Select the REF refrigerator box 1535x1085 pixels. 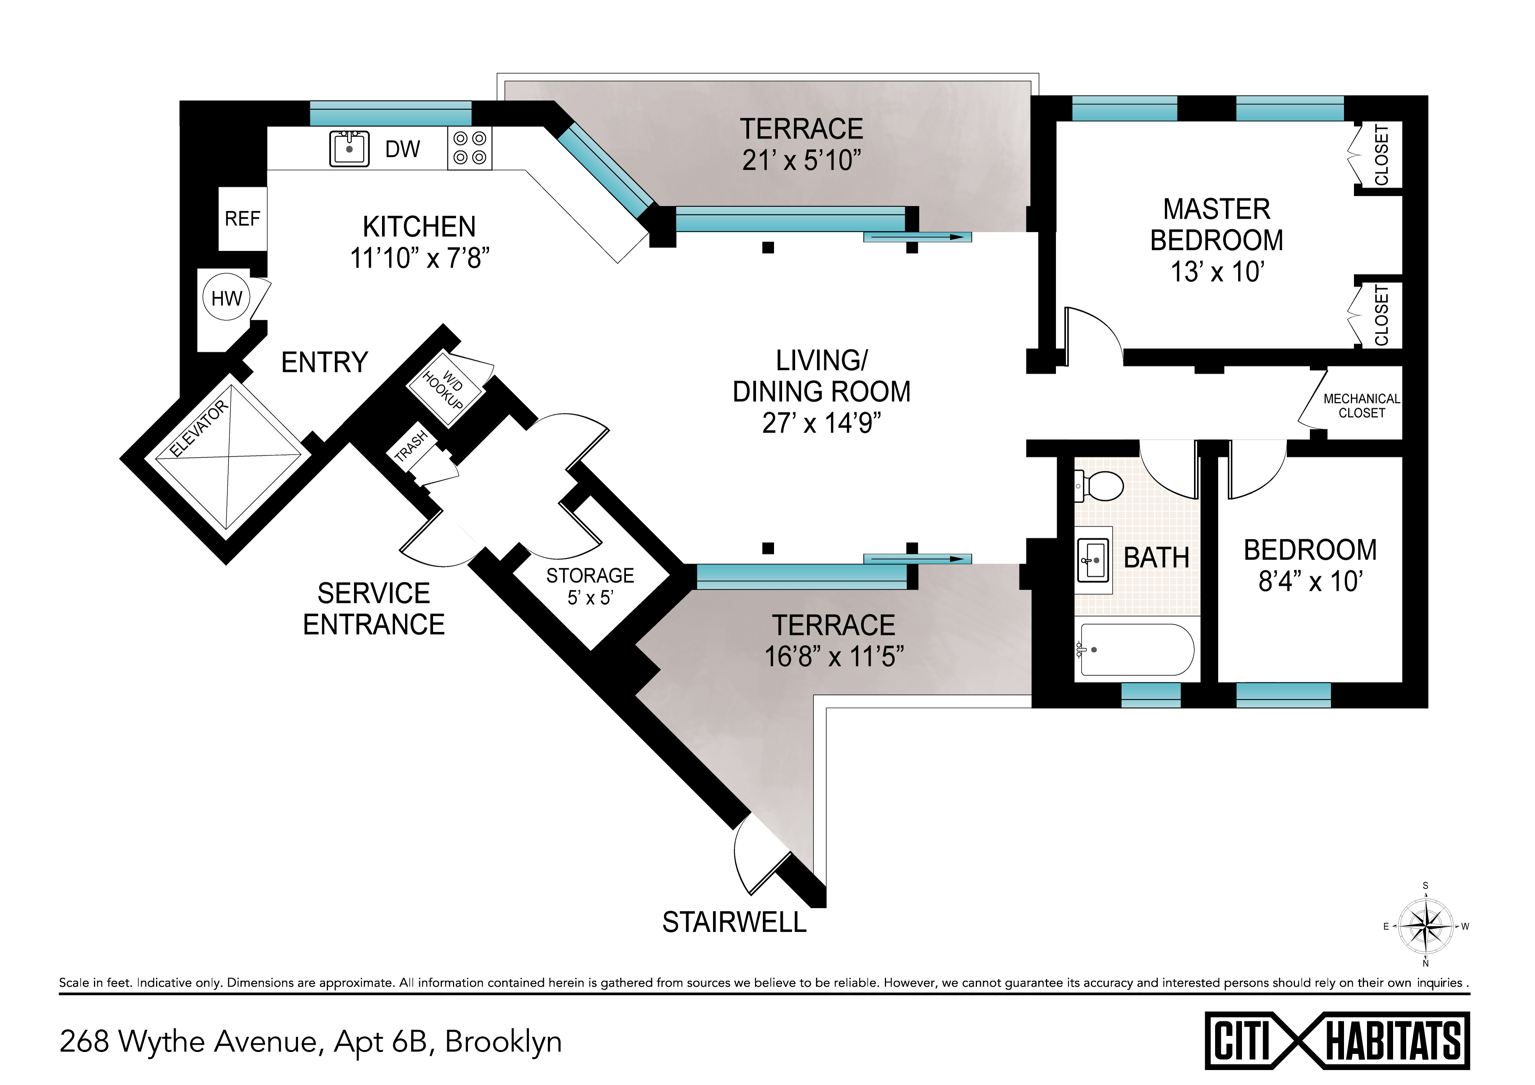(243, 219)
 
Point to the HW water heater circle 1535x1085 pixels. (227, 298)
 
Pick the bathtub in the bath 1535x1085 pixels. (1136, 649)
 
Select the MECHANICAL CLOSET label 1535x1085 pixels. (1362, 406)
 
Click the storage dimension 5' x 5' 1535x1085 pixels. (590, 597)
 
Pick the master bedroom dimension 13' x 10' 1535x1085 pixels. (1217, 272)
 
